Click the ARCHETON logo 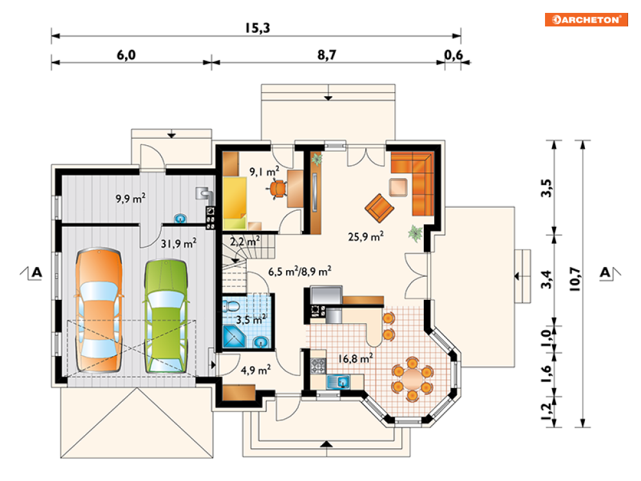click(586, 19)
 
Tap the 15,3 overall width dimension click(258, 28)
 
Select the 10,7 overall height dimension click(575, 279)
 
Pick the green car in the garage click(166, 316)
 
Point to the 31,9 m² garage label click(178, 243)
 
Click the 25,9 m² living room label click(366, 237)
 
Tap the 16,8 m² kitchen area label click(355, 358)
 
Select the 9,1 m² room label click(265, 172)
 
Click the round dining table click(412, 378)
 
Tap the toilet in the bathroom click(232, 306)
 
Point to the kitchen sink click(338, 382)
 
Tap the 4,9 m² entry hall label click(256, 370)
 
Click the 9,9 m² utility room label click(131, 199)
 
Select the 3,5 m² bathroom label click(251, 319)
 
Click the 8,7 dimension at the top click(327, 55)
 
